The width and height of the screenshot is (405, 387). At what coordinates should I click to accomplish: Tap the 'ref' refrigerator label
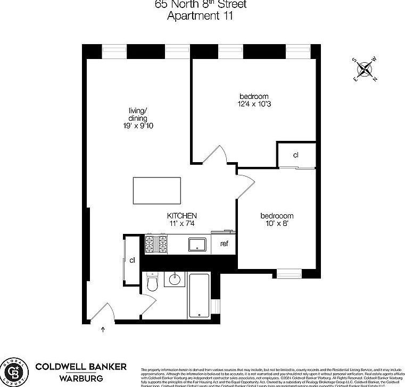[x=224, y=245]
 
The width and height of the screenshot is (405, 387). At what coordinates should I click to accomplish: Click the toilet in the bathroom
[x=153, y=282]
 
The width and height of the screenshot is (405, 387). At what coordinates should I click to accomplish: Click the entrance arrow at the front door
[x=103, y=330]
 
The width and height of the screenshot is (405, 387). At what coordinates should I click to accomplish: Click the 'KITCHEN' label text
[x=183, y=216]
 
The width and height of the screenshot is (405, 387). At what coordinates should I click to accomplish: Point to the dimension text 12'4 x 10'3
[x=254, y=105]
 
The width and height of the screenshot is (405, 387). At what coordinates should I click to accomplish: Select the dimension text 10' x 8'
[x=277, y=224]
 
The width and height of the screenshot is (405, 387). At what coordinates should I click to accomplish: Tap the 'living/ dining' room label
[x=137, y=114]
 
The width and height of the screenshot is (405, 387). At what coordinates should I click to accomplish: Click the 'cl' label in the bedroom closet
[x=295, y=155]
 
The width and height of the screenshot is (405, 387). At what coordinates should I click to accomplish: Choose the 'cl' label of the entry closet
[x=131, y=260]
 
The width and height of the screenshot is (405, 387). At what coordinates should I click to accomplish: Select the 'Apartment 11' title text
[x=200, y=15]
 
